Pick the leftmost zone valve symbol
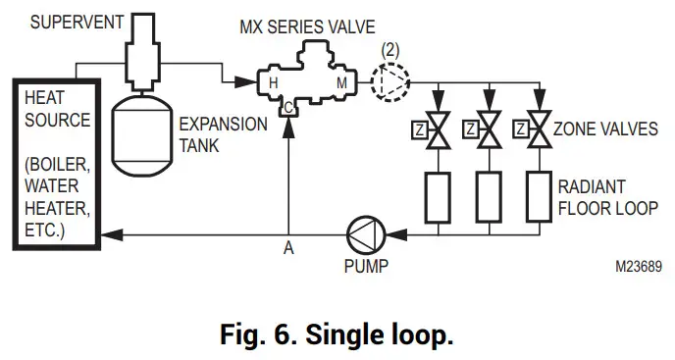tap(439, 130)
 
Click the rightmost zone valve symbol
tap(538, 130)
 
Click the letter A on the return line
tap(288, 249)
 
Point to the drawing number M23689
tap(640, 265)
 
